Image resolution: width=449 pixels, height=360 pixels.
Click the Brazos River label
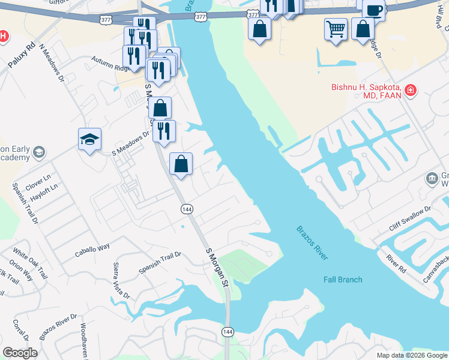pyautogui.click(x=312, y=242)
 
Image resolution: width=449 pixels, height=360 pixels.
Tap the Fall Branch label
pyautogui.click(x=343, y=280)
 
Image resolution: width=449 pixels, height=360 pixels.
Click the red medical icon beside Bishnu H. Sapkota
pyautogui.click(x=411, y=91)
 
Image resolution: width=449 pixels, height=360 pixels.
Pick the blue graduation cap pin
pyautogui.click(x=89, y=140)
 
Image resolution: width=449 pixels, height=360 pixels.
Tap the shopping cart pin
pyautogui.click(x=336, y=28)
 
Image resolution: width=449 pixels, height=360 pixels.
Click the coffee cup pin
pyautogui.click(x=373, y=10)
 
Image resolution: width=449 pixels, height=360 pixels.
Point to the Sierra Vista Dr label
pyautogui.click(x=121, y=280)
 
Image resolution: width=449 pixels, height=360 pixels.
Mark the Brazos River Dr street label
pyautogui.click(x=58, y=327)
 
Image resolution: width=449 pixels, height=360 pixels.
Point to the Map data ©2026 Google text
pyautogui.click(x=412, y=355)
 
